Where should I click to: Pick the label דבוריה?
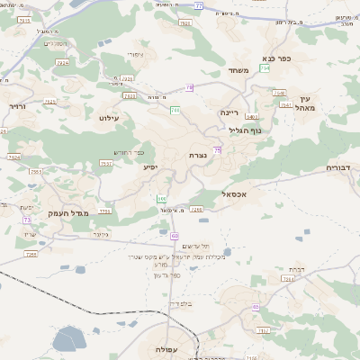[x=342, y=167]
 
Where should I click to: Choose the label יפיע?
[x=150, y=166]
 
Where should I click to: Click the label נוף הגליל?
[x=245, y=130]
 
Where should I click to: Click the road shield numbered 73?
[x=28, y=220]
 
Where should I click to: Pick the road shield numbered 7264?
[x=288, y=279]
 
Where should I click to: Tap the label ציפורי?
[x=136, y=54]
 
